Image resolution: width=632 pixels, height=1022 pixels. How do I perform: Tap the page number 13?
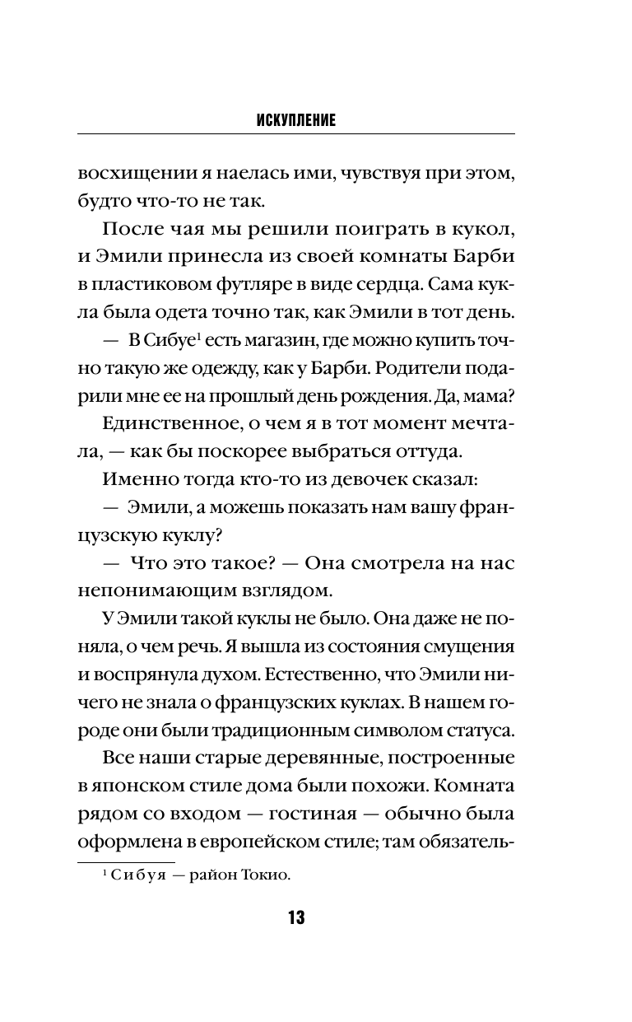[295, 918]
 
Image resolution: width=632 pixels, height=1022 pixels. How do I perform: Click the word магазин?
[272, 339]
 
